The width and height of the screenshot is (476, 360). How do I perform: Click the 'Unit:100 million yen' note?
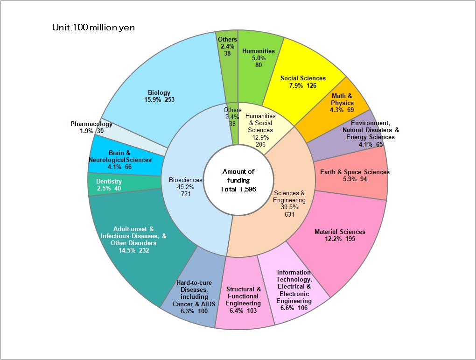(x=93, y=28)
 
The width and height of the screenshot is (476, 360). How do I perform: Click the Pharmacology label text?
(x=91, y=124)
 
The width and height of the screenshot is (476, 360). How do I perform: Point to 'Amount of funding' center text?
(x=238, y=176)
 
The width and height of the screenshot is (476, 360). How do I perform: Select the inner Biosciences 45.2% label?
(x=186, y=187)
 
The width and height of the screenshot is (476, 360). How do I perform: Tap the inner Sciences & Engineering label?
(x=289, y=203)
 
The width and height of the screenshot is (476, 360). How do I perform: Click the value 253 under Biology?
(x=169, y=99)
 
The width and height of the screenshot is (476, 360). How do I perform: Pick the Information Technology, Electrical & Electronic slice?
(x=294, y=287)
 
